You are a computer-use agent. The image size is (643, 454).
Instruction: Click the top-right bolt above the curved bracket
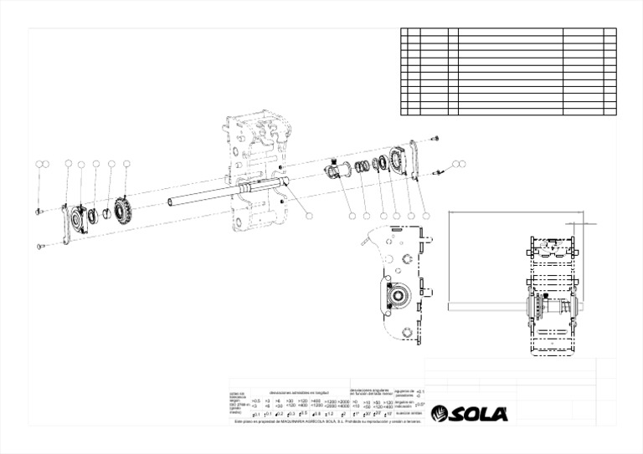pos(434,139)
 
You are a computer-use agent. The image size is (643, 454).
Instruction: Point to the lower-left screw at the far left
pos(40,246)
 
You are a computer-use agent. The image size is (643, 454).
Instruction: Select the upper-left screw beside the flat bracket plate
pos(39,212)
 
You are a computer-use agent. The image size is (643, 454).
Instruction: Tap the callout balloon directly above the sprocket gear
pos(126,164)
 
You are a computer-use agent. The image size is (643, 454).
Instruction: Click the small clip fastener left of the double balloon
pos(437,172)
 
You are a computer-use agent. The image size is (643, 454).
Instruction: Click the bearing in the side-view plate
pos(394,295)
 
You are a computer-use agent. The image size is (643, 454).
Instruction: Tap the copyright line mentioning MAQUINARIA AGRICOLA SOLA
pos(327,421)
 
